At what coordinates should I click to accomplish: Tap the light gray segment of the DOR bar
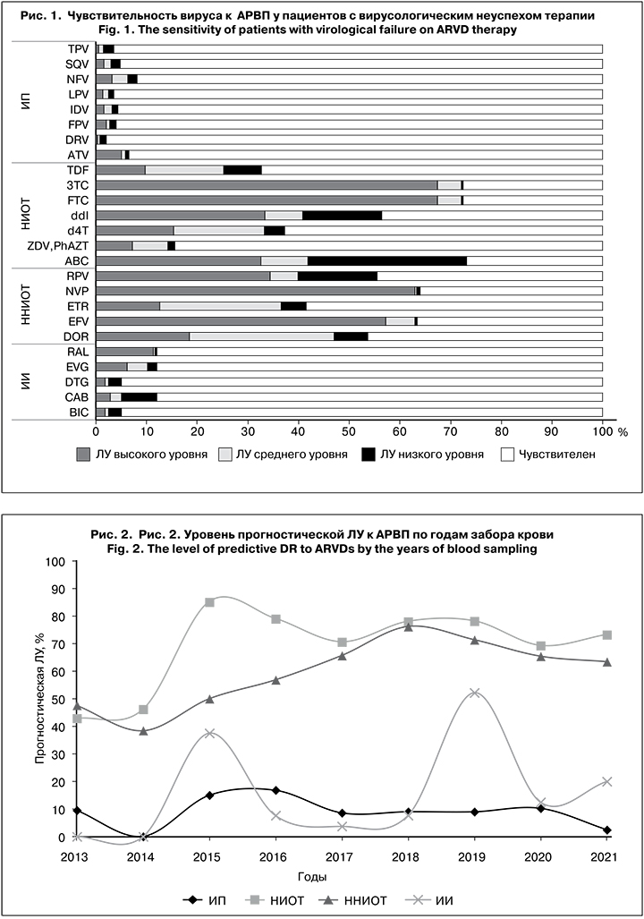pos(261,336)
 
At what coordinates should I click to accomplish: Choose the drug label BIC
pos(77,413)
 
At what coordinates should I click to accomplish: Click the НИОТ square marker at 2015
pos(209,602)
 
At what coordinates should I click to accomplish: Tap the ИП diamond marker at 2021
pos(607,830)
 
